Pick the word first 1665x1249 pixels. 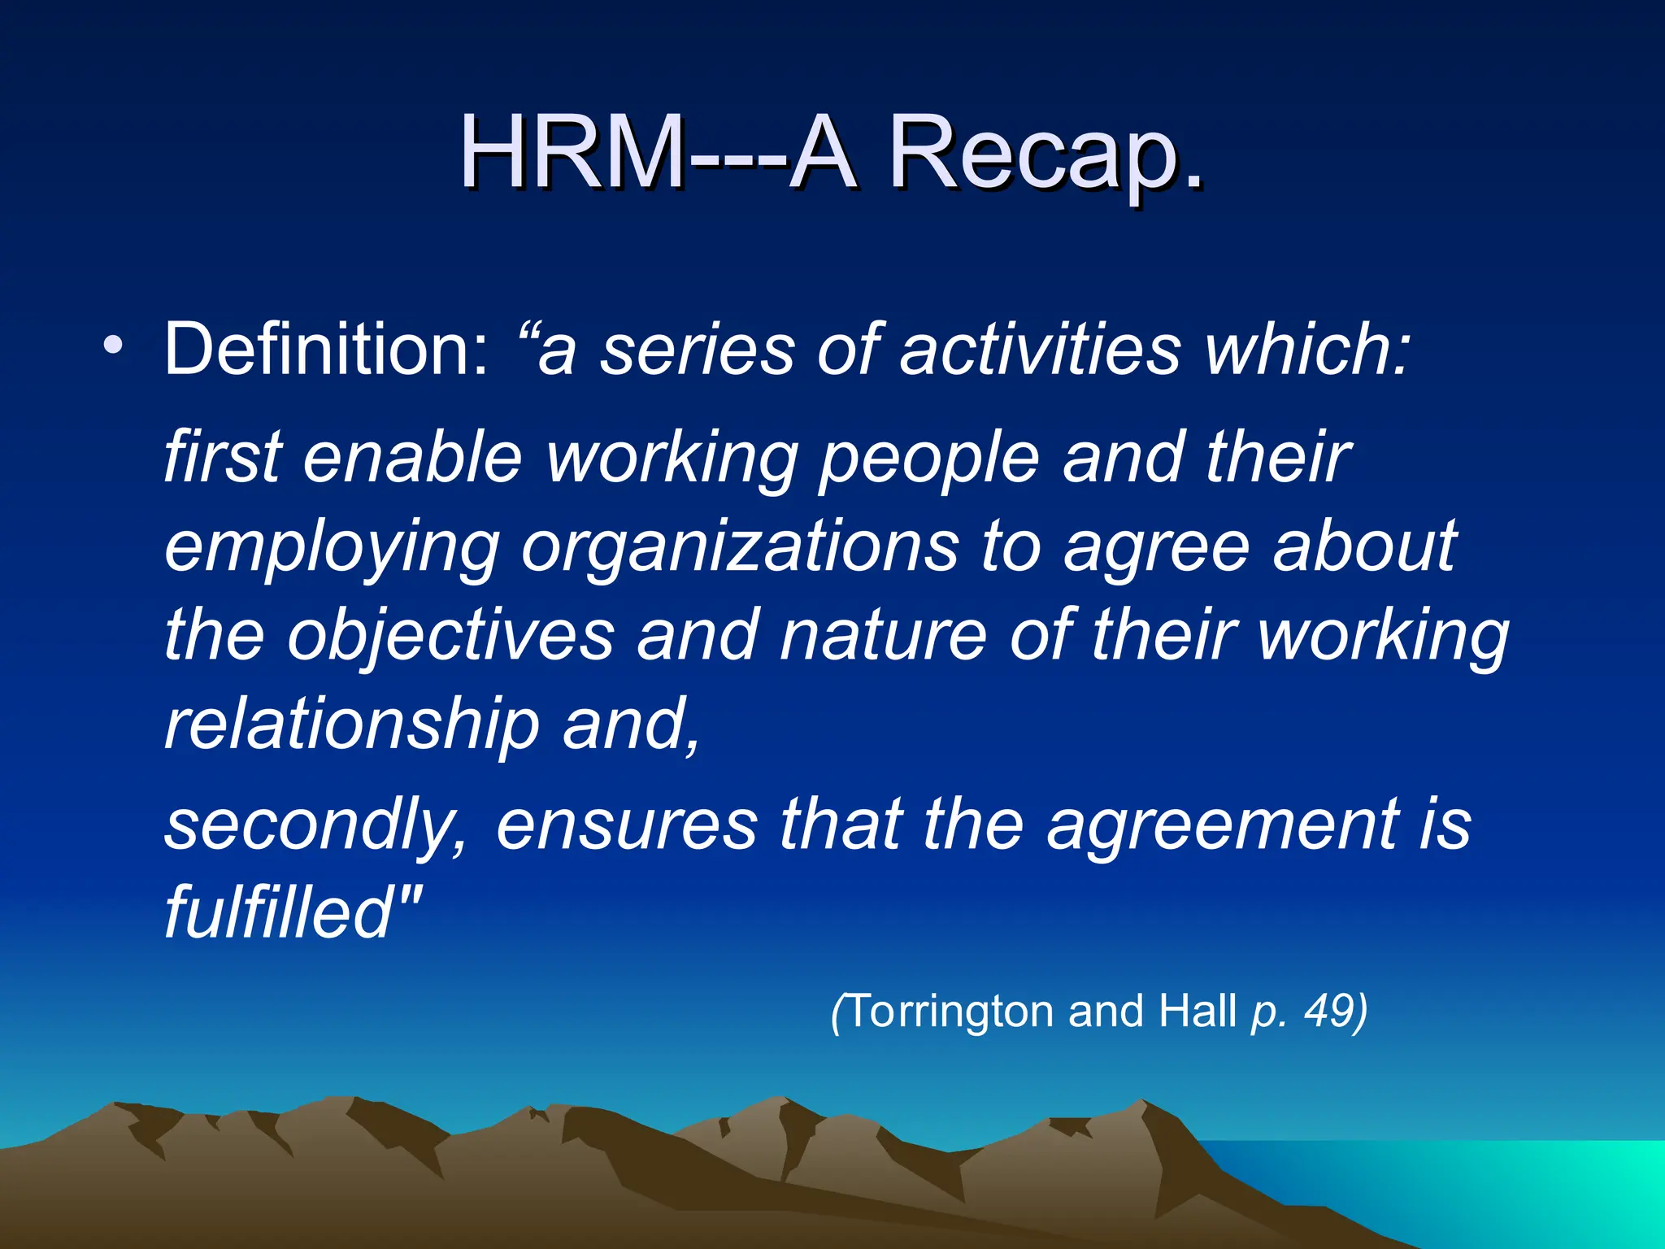point(224,457)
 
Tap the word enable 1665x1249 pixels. point(412,457)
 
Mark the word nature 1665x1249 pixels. point(883,636)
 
